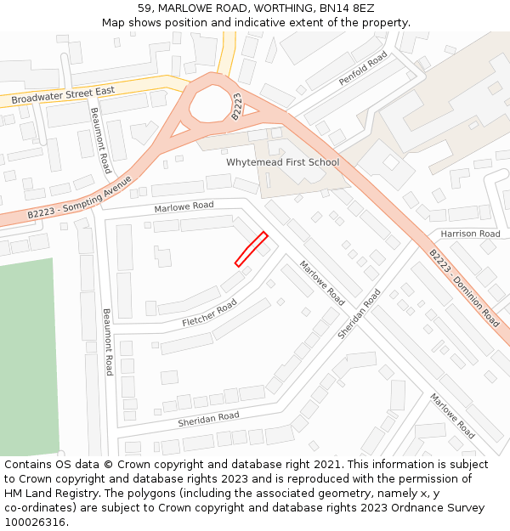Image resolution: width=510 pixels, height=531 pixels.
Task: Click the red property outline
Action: click(252, 249)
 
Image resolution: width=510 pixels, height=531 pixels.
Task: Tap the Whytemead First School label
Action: click(282, 162)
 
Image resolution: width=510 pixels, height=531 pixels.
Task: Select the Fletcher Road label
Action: click(209, 313)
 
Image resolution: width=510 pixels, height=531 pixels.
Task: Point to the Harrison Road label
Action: click(470, 234)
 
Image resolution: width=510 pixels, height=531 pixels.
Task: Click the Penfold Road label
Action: click(363, 68)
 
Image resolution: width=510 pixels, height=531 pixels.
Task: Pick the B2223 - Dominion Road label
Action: click(463, 288)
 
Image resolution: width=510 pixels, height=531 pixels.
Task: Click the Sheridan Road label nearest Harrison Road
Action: click(360, 314)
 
